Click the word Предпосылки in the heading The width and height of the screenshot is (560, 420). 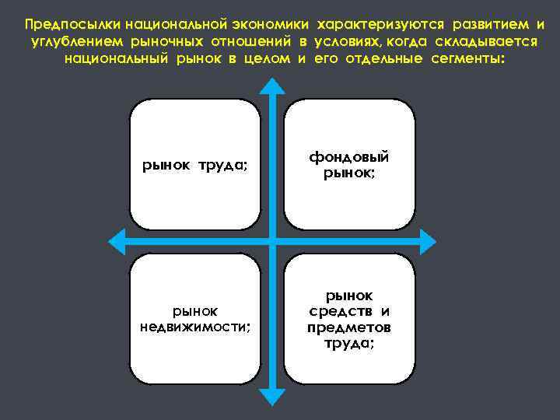65,24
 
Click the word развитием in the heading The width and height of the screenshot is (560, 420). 481,24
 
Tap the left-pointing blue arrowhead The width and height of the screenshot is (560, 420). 117,239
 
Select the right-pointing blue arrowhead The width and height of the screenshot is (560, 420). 425,239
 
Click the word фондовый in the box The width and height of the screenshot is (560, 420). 348,157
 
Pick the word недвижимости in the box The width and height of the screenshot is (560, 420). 195,326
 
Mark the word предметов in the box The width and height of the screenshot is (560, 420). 348,327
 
